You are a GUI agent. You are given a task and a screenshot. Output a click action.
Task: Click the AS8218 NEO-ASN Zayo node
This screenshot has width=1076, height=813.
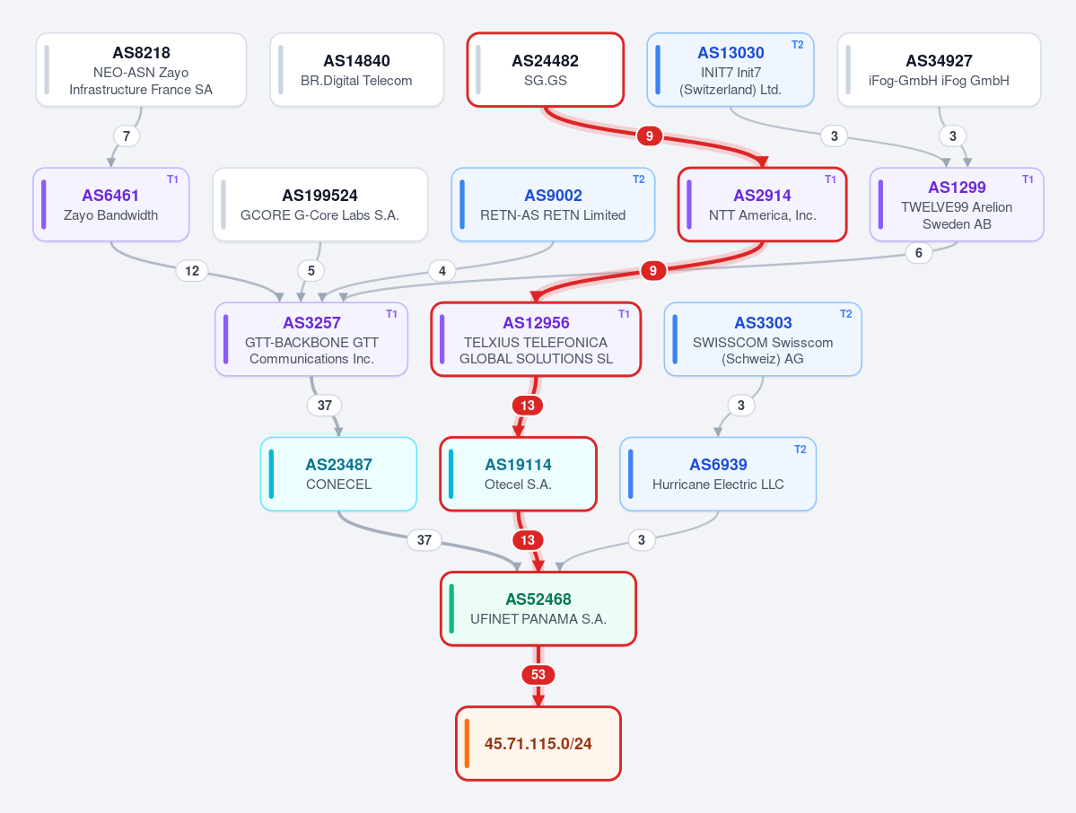click(x=142, y=70)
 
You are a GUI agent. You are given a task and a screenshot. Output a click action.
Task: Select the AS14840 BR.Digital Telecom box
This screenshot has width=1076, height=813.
click(x=357, y=70)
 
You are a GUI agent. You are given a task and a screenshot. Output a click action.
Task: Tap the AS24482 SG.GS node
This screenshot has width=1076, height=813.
click(x=546, y=70)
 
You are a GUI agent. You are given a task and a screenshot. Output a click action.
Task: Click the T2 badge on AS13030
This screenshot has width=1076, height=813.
click(x=798, y=45)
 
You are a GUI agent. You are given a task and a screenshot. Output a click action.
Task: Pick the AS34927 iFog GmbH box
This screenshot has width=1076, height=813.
click(x=939, y=70)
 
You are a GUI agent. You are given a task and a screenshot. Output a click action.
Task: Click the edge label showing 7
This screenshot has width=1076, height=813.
click(x=127, y=135)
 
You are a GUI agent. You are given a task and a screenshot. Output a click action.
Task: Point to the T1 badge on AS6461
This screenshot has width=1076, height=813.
click(x=172, y=179)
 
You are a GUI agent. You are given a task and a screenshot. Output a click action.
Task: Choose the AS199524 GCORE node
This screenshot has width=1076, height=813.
click(x=320, y=205)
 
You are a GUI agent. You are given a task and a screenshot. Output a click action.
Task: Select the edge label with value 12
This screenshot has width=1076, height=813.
click(x=192, y=271)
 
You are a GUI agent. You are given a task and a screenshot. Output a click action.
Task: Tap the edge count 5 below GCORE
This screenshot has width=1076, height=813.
click(x=311, y=271)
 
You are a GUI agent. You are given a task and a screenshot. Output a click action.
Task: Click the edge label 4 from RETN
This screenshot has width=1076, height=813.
click(x=442, y=271)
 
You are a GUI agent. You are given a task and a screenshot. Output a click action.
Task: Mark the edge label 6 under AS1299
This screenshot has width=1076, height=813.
click(x=919, y=253)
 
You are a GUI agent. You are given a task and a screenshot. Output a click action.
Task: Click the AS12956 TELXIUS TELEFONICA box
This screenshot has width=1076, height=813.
click(x=536, y=339)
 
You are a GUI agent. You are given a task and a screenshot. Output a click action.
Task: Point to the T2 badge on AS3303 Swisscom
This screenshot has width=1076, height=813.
click(x=846, y=313)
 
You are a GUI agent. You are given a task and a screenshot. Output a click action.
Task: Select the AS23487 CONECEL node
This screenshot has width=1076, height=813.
click(x=338, y=474)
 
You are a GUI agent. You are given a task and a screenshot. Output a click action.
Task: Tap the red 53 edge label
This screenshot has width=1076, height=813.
click(x=538, y=675)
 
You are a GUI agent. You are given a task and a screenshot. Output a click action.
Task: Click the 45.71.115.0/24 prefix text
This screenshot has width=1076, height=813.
click(x=538, y=744)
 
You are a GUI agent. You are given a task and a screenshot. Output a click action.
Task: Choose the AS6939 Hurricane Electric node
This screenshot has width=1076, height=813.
click(x=718, y=474)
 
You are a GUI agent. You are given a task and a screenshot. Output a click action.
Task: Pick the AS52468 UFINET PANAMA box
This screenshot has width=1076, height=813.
click(x=538, y=608)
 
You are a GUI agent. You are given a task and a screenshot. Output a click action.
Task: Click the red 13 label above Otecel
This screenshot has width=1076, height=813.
click(x=527, y=406)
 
